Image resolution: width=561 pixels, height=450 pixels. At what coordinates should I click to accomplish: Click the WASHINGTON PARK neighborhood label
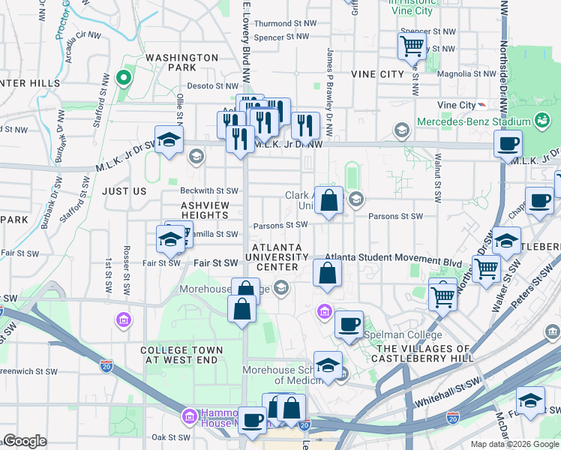tap(181, 61)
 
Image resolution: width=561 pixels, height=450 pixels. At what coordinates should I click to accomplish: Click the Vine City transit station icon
tap(481, 105)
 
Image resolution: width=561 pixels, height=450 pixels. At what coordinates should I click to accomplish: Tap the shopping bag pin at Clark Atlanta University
tap(328, 201)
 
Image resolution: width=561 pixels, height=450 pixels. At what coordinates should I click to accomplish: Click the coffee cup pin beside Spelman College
tap(349, 325)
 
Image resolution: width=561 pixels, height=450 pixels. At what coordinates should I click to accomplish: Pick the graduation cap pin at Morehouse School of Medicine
tap(328, 366)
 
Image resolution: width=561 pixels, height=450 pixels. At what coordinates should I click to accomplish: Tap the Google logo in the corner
tap(24, 441)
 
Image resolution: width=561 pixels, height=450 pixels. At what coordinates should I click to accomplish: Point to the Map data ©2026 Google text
tap(514, 444)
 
